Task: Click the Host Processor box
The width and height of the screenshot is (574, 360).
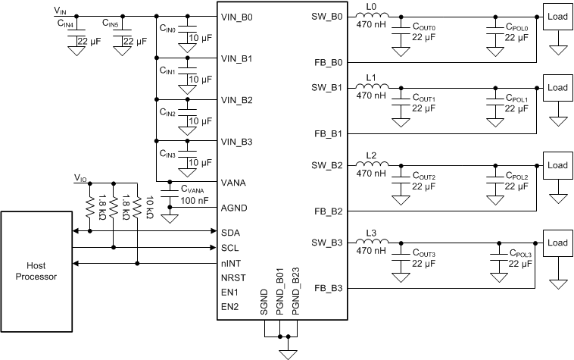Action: [x=36, y=271]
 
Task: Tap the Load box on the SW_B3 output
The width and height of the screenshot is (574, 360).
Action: [x=557, y=243]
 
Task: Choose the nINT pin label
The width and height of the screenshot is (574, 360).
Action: [x=231, y=263]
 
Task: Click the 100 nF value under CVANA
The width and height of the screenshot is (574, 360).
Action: [x=194, y=201]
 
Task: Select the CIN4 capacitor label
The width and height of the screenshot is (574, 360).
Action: [x=65, y=24]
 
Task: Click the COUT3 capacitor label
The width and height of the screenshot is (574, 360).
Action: [x=425, y=254]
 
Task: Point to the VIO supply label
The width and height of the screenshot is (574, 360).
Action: [x=80, y=177]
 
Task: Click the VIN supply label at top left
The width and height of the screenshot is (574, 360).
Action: [x=61, y=10]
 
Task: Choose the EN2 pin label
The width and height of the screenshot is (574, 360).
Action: [x=230, y=307]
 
